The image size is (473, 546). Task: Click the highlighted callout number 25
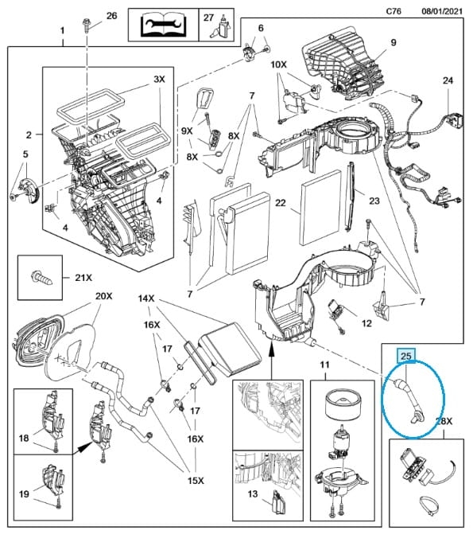pos(406,356)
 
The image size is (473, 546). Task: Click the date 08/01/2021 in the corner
pos(442,11)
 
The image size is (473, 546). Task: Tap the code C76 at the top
pos(394,11)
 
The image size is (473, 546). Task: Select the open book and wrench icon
pos(163,25)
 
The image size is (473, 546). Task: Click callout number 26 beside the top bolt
pos(111,16)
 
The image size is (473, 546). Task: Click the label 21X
pos(83,278)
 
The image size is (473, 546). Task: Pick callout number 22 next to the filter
pos(281,202)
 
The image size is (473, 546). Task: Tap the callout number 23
pos(374,201)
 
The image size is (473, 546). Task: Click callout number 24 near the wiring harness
pos(448,80)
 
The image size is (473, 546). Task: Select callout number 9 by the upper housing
pos(394,42)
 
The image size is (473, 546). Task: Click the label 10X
pos(278,64)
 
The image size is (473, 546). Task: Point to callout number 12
pos(366,323)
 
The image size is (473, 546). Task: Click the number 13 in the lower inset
pos(253,493)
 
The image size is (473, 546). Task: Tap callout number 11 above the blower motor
pos(324,365)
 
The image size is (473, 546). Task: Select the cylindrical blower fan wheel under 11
pos(342,405)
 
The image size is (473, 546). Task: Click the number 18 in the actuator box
pos(24,438)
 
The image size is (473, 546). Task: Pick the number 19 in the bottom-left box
pos(24,493)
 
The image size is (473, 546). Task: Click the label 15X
pos(196,481)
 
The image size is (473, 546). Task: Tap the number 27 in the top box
pos(208,18)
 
